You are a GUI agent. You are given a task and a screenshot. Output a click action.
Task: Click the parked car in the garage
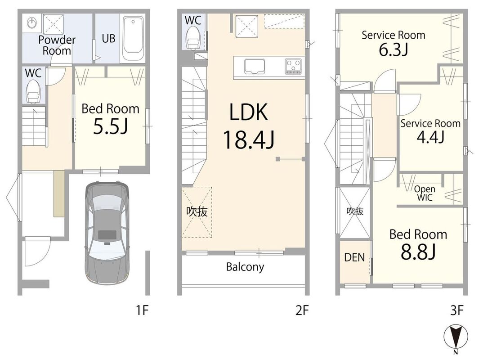[x=107, y=233]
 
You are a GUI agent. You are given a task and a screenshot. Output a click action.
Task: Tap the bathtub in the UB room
[x=133, y=39]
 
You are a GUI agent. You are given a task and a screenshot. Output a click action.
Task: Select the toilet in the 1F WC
[x=33, y=92]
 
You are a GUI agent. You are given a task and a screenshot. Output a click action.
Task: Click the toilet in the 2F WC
[x=193, y=38]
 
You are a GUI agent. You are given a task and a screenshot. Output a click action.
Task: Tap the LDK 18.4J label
[x=249, y=126]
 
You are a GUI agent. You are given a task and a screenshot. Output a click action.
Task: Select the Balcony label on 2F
[x=245, y=267]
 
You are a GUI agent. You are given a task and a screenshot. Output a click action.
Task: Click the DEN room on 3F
[x=355, y=262]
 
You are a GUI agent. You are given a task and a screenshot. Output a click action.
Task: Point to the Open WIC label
[x=425, y=193]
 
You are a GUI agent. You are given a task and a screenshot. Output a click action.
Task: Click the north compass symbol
[x=456, y=338]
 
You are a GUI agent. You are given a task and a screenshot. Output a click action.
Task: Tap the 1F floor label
[x=142, y=310]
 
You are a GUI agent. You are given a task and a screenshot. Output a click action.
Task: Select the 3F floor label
[x=457, y=310]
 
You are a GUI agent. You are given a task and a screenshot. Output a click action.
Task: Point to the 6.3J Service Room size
[x=394, y=49]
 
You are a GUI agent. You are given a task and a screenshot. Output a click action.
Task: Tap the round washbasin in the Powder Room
[x=32, y=22]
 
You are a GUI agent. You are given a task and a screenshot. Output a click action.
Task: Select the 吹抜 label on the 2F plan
[x=197, y=211]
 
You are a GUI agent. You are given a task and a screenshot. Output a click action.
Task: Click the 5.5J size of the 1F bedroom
[x=110, y=126]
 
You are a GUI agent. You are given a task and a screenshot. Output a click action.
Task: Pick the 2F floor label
[x=302, y=310]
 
